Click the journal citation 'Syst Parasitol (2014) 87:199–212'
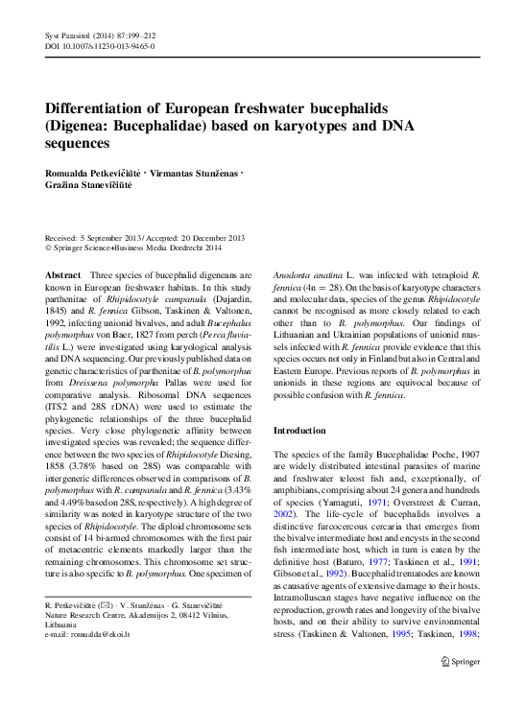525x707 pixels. [x=102, y=34]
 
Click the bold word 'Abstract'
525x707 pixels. [x=64, y=274]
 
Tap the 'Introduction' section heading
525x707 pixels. [x=303, y=431]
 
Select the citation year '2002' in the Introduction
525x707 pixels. [x=285, y=514]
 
